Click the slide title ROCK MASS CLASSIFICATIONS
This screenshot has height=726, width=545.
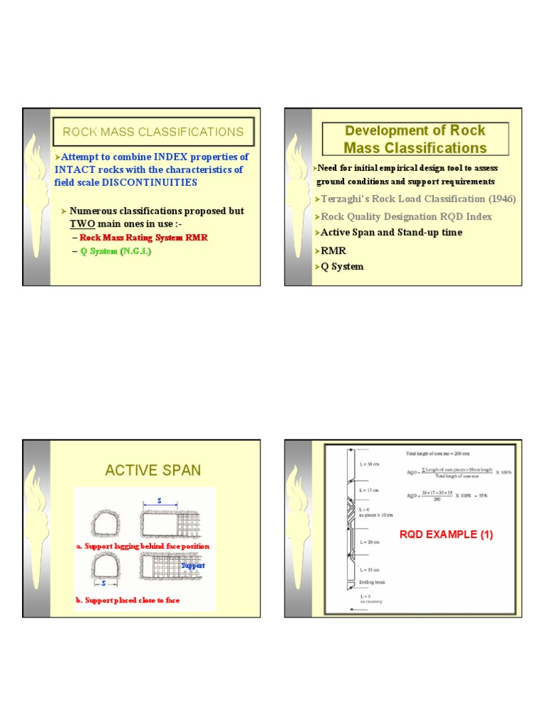(x=153, y=132)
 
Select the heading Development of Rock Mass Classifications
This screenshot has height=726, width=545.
(x=414, y=139)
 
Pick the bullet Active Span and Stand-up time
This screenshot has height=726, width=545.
(x=391, y=233)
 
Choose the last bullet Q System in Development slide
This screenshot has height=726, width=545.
(x=342, y=267)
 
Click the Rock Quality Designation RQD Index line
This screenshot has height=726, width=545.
(x=406, y=216)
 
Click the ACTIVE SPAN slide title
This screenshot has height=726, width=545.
(x=153, y=471)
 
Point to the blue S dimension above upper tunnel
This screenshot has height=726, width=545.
(x=160, y=501)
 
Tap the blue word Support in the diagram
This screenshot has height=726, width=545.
(x=192, y=566)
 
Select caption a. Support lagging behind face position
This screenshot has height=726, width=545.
(x=142, y=547)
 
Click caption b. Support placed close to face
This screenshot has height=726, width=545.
(x=127, y=601)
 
